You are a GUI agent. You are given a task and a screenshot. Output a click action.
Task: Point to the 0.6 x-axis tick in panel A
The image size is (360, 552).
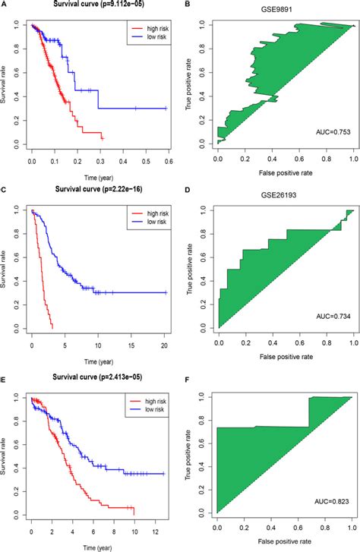point(167,162)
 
